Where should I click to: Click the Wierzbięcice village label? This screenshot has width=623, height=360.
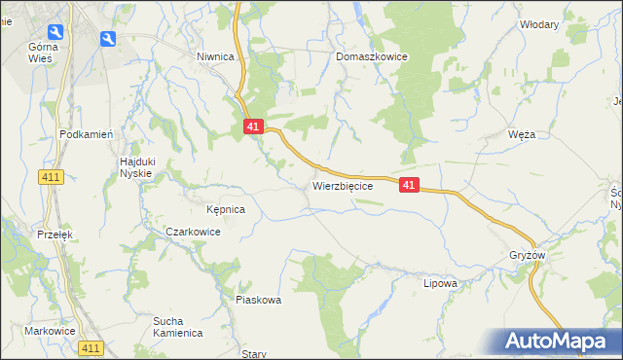click(x=343, y=185)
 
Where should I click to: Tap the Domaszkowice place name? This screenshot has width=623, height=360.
click(x=372, y=57)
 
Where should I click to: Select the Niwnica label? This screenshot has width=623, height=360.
click(x=216, y=57)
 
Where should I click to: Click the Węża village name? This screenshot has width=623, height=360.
click(x=522, y=135)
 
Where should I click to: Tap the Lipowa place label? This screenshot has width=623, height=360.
click(x=440, y=284)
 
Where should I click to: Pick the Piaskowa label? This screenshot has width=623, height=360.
click(x=259, y=300)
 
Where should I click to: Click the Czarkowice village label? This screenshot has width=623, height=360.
click(x=193, y=233)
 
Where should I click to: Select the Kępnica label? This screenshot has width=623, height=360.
click(x=225, y=209)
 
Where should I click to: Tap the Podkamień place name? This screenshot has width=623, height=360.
click(x=88, y=134)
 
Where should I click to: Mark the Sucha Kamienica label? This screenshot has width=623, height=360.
click(x=177, y=326)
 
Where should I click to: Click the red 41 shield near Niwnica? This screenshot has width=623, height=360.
click(x=252, y=126)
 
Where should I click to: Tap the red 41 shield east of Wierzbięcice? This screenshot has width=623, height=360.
click(x=409, y=185)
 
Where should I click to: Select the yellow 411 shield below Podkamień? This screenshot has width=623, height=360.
click(x=53, y=176)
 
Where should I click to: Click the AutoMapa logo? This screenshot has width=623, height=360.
click(x=558, y=341)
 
